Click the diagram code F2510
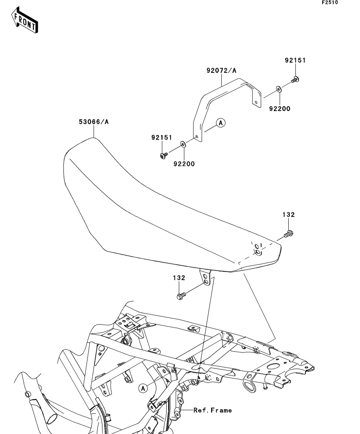click(x=330, y=2)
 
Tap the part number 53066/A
click(x=93, y=122)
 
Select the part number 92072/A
click(x=221, y=71)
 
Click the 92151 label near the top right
click(x=295, y=61)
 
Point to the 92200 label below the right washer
click(x=280, y=109)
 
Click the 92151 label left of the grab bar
click(x=162, y=138)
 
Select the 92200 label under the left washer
click(x=184, y=164)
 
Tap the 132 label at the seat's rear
click(x=288, y=215)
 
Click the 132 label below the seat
click(x=179, y=278)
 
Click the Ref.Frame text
click(x=213, y=410)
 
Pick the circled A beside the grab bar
click(x=221, y=123)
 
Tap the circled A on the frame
click(x=143, y=388)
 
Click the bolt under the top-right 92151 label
click(x=295, y=80)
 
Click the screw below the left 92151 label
click(x=163, y=156)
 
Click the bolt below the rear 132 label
click(x=289, y=235)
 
